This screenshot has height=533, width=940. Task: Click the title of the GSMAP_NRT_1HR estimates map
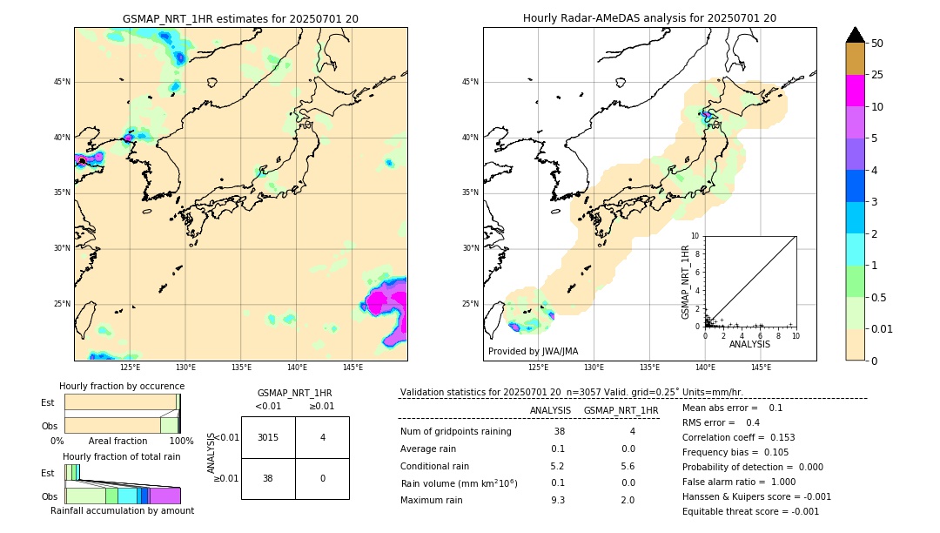click(240, 18)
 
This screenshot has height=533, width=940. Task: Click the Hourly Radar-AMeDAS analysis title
click(649, 18)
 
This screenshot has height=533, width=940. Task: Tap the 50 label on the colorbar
click(877, 44)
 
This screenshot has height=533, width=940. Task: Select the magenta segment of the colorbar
click(855, 91)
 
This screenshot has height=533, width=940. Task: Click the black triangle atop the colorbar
click(855, 35)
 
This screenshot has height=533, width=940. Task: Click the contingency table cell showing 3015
click(268, 437)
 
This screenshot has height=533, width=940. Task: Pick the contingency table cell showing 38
click(268, 478)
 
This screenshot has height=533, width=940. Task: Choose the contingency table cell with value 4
click(322, 437)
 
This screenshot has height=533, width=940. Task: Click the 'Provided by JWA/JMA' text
click(533, 351)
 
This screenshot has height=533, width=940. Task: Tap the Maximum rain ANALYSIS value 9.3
click(557, 500)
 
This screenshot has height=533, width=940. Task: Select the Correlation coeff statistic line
click(738, 437)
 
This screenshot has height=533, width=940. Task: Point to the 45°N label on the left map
click(62, 82)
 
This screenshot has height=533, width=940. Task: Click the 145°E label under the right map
click(761, 368)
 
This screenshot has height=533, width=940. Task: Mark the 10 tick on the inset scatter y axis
click(695, 235)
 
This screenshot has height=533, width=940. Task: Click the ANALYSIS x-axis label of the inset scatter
click(749, 344)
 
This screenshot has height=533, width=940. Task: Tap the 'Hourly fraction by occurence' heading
click(122, 386)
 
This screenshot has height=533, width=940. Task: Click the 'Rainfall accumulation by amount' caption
click(122, 510)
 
